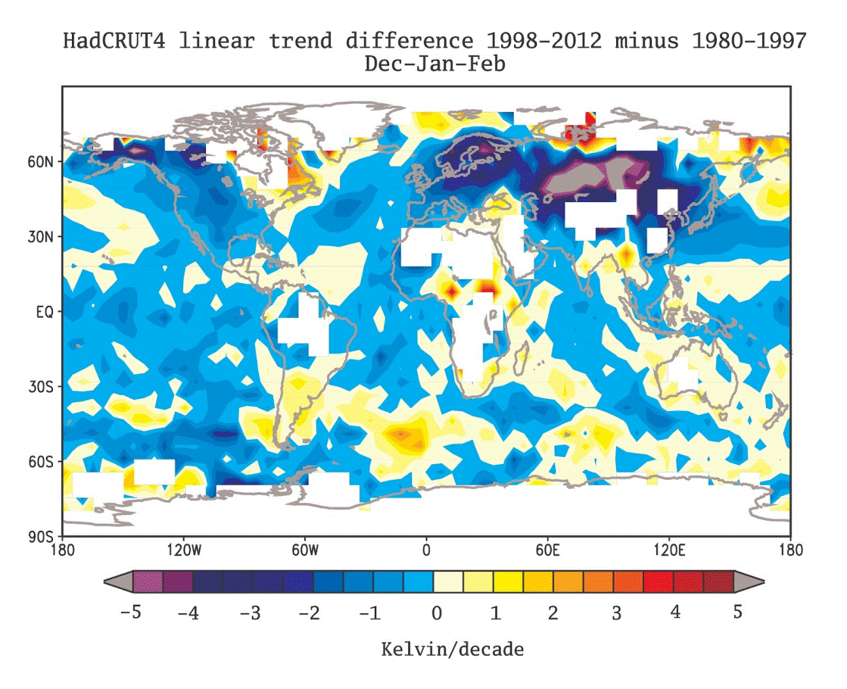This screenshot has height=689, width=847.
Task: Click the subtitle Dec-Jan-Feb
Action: pos(434,64)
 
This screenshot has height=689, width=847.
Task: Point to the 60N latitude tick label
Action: pos(41,161)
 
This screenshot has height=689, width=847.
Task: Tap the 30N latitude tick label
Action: pos(41,237)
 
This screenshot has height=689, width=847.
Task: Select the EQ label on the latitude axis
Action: pos(45,312)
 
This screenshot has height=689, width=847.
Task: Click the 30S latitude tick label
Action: pos(41,387)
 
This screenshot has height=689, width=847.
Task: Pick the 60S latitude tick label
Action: pos(41,462)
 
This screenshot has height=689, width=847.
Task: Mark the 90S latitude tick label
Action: pos(41,537)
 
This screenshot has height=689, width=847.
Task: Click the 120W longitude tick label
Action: pos(184,550)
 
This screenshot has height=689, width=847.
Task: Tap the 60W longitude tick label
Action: pos(305,550)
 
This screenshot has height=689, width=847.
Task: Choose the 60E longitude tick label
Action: pos(548,550)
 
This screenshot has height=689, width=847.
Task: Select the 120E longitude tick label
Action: pos(668,550)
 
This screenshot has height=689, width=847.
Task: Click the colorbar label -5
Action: pos(130,613)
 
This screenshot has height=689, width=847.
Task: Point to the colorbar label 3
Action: pos(616,613)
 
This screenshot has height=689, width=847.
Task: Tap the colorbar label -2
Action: pos(310,613)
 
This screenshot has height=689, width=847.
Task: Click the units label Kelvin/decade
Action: pos(453,649)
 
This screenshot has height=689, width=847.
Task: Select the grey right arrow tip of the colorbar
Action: pos(763,582)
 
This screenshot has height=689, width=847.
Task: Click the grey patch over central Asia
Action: pos(594,175)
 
